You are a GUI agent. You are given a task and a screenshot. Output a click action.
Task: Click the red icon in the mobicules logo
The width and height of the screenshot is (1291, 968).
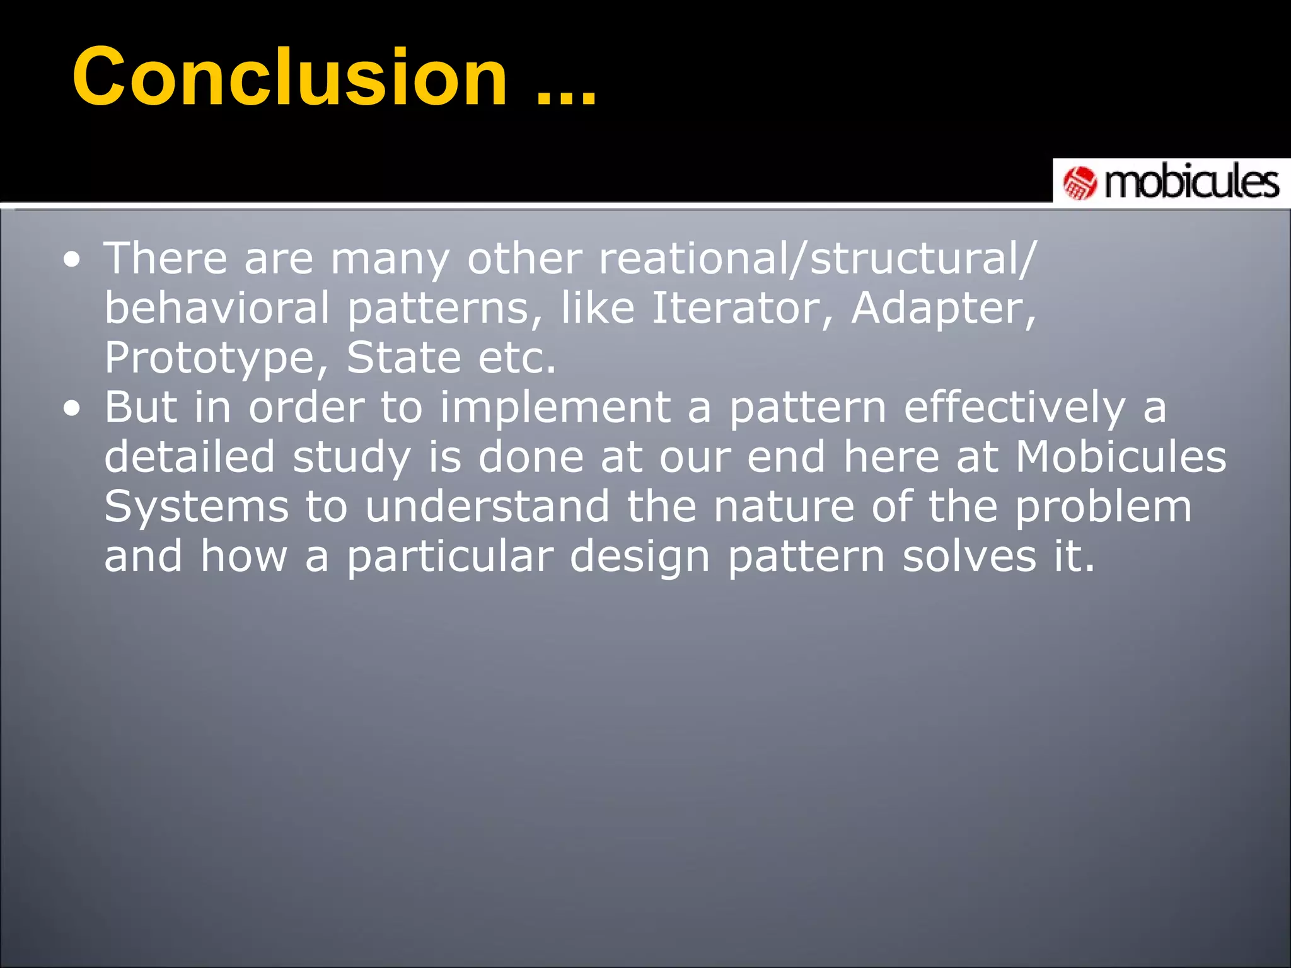click(x=1080, y=183)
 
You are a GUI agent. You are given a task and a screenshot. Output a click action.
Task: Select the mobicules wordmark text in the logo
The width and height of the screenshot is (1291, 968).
click(x=1191, y=183)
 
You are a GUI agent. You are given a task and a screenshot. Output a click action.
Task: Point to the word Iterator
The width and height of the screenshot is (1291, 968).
click(x=742, y=309)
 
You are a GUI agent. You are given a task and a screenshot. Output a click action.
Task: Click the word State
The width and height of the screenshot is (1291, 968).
click(x=403, y=358)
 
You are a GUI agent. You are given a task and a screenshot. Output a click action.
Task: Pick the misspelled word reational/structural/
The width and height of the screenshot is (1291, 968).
click(x=816, y=259)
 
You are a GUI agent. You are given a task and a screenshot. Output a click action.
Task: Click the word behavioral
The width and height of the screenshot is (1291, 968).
click(x=217, y=309)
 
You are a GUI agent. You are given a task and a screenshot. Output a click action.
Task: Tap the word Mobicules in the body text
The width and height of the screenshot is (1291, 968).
click(x=1120, y=457)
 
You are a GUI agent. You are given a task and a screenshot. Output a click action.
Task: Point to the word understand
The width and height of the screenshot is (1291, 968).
click(x=487, y=507)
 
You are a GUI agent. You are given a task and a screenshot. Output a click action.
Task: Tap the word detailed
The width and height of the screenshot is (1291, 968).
click(x=189, y=457)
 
